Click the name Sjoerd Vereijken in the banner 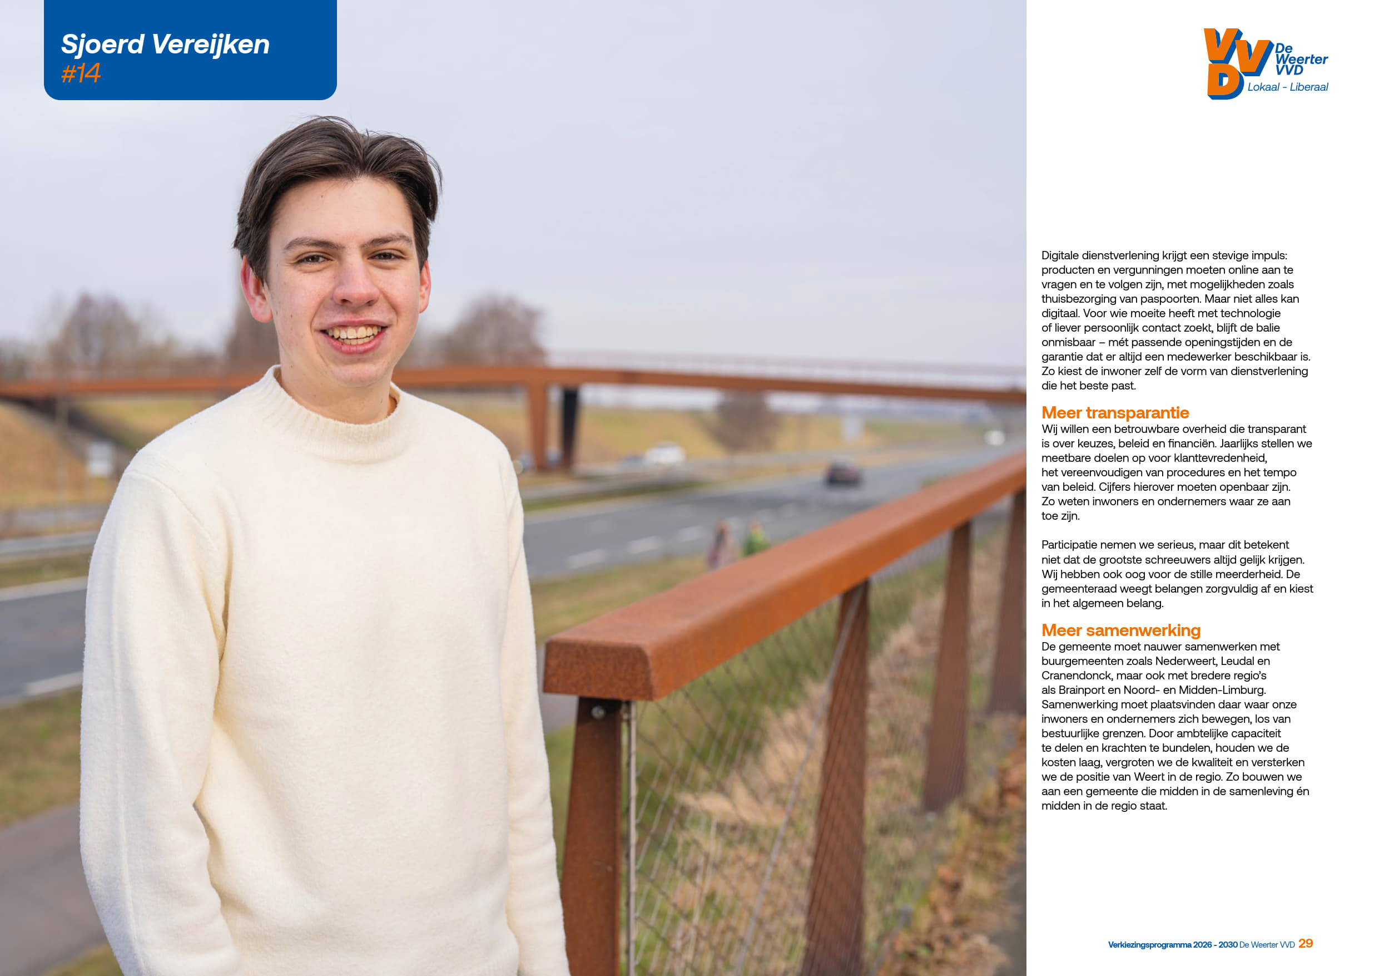click(165, 45)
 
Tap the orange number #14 click(81, 73)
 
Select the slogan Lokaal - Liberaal click(1287, 87)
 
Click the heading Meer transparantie click(1115, 413)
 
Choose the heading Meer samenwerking click(1121, 630)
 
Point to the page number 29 click(1305, 944)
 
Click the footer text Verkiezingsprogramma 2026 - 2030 click(1172, 945)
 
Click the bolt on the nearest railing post click(598, 712)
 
